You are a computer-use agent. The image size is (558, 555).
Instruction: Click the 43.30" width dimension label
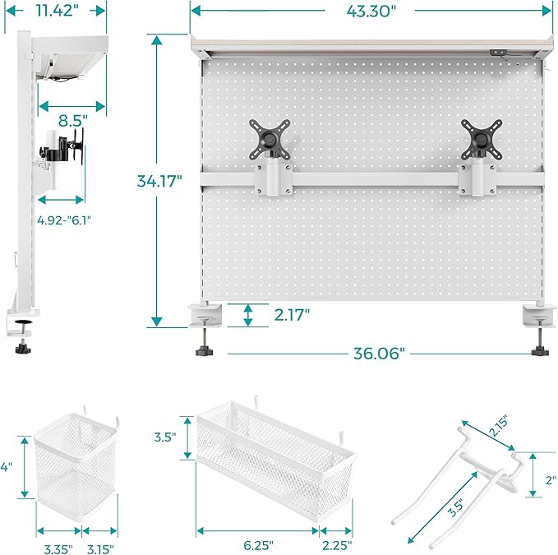[371, 11]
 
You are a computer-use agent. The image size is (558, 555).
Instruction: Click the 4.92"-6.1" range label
[62, 220]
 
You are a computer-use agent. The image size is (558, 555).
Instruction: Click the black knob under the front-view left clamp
[202, 352]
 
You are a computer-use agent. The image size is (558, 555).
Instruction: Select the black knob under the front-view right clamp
[540, 352]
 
